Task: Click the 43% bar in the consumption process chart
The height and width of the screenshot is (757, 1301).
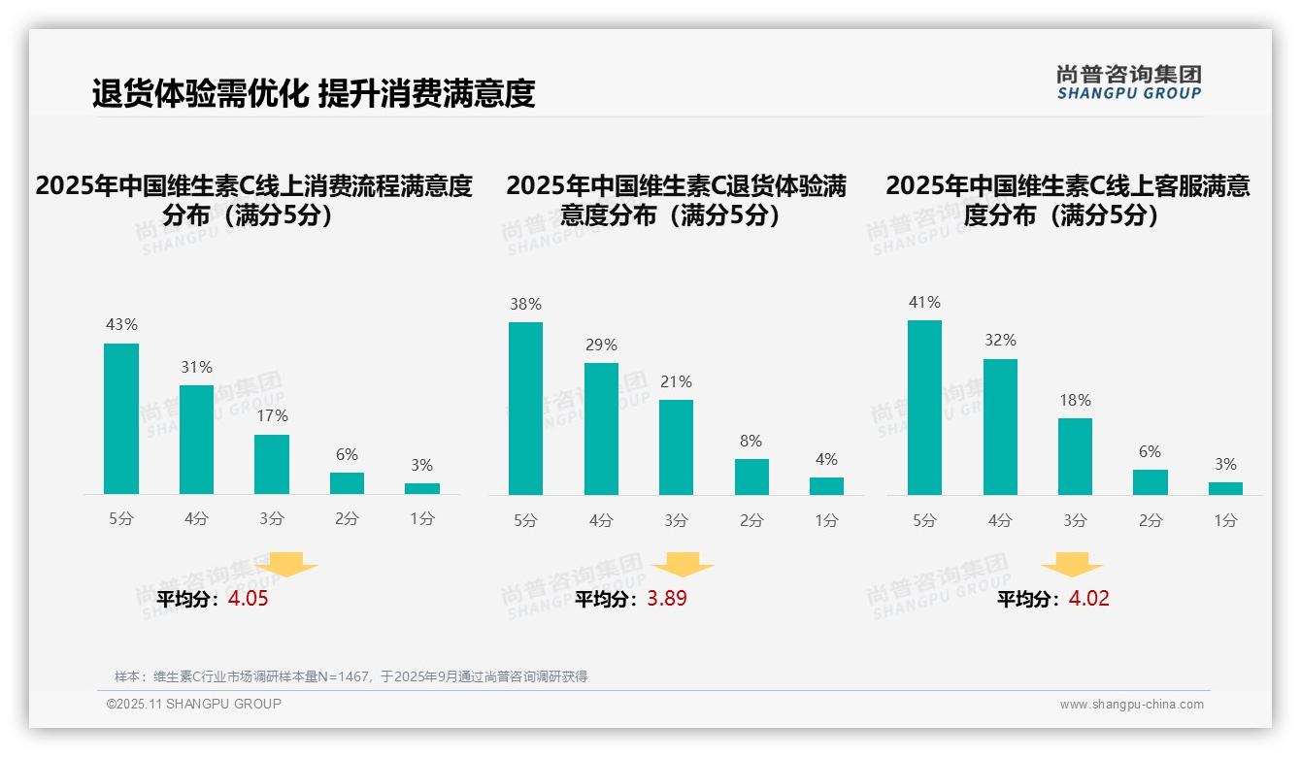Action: [121, 418]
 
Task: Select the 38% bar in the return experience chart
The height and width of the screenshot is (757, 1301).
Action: [525, 409]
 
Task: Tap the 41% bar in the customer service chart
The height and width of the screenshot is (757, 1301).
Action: [924, 408]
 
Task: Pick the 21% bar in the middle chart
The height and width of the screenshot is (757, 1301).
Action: [676, 447]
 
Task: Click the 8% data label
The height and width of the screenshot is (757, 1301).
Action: [751, 441]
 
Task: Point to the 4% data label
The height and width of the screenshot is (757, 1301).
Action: [826, 459]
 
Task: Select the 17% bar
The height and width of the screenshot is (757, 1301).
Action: [272, 464]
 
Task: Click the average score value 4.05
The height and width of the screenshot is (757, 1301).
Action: [249, 599]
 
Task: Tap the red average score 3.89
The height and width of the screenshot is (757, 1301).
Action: [667, 599]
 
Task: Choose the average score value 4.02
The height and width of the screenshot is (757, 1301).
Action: [1088, 599]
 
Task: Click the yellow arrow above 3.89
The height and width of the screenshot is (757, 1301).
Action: [683, 564]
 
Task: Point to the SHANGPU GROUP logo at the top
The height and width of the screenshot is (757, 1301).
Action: [1129, 82]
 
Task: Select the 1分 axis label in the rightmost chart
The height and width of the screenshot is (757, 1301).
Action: [1225, 521]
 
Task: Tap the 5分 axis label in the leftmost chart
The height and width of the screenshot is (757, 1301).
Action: [121, 519]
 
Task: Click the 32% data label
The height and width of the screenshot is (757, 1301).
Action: [1000, 341]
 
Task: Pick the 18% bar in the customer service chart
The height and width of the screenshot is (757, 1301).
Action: [1075, 456]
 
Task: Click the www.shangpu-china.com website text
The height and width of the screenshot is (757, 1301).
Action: [1131, 705]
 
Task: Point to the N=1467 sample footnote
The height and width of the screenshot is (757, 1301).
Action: [350, 676]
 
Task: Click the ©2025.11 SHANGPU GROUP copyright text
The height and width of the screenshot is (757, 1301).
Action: [194, 704]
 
